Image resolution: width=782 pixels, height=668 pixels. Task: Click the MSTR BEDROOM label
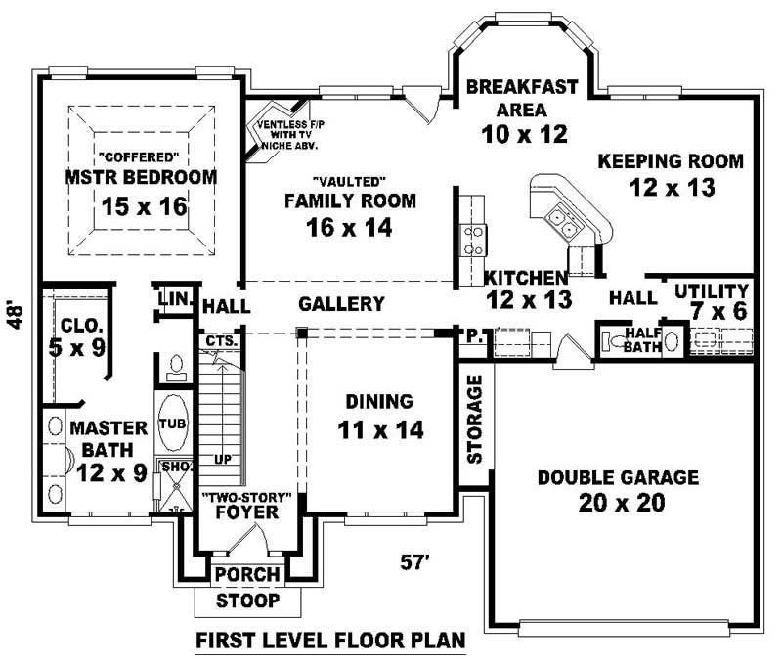[x=141, y=177]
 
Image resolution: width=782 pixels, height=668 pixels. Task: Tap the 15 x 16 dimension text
[x=145, y=207]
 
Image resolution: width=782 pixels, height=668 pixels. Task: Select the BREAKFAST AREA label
[x=522, y=97]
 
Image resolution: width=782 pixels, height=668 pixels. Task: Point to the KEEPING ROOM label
[x=671, y=160]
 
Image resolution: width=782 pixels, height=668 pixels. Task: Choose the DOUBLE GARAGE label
[x=618, y=478]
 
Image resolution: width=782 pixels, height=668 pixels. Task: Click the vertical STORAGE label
[x=474, y=419]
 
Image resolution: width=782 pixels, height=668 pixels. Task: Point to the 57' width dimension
[x=416, y=562]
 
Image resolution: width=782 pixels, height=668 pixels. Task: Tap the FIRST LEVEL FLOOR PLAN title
[x=329, y=642]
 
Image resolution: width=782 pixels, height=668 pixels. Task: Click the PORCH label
[x=247, y=574]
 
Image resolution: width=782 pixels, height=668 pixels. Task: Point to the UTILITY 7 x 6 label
[x=711, y=300]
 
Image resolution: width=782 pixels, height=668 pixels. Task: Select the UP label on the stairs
[x=222, y=458]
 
